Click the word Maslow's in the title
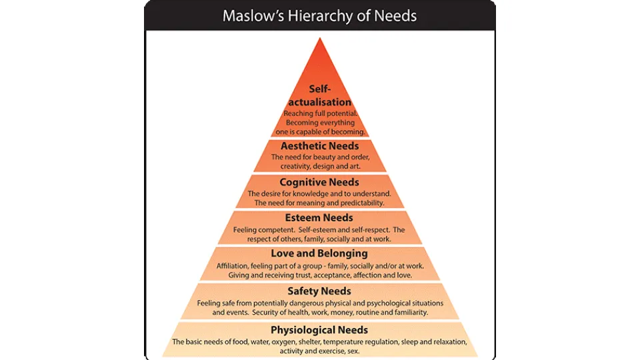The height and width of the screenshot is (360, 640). click(x=253, y=16)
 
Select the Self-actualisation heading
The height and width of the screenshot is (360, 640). click(x=319, y=95)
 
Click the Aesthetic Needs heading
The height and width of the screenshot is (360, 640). click(x=319, y=146)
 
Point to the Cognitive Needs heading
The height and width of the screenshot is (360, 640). click(x=319, y=183)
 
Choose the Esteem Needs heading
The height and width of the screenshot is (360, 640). click(x=319, y=218)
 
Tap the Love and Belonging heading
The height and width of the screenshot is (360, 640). click(x=319, y=254)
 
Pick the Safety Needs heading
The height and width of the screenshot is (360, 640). click(x=319, y=291)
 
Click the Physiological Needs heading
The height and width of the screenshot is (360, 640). click(x=319, y=330)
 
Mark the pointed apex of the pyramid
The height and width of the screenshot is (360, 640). click(x=320, y=38)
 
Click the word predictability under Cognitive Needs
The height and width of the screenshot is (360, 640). click(x=363, y=203)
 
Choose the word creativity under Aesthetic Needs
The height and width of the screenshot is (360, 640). click(x=295, y=167)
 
